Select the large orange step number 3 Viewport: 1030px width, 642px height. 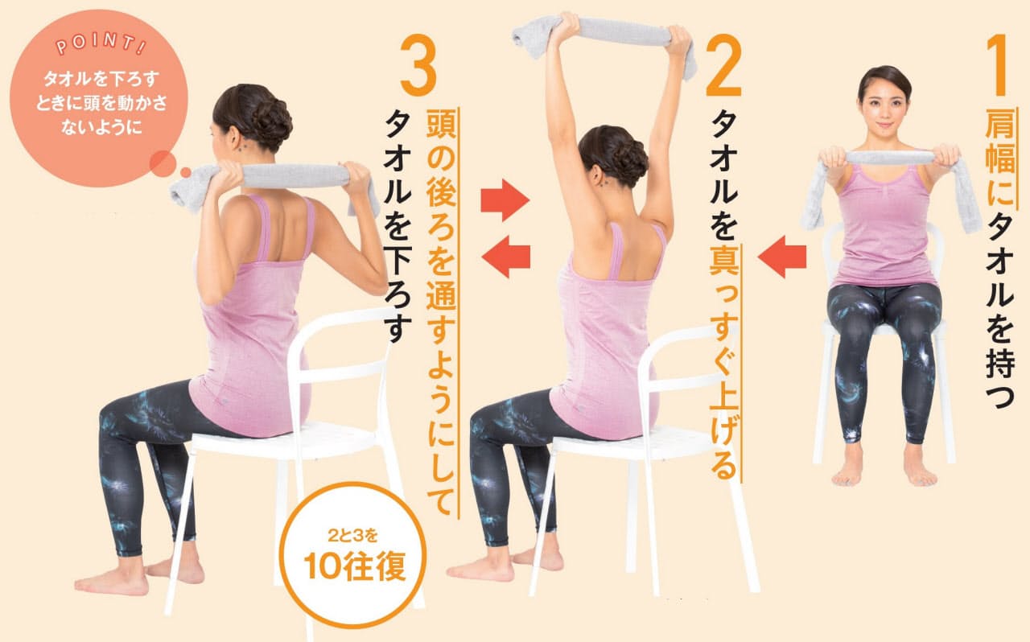(418, 64)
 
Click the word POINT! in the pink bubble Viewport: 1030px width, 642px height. (100, 43)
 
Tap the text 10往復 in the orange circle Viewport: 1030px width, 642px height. (355, 566)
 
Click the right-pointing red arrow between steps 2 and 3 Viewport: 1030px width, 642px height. (505, 200)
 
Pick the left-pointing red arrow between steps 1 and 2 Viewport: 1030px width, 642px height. (781, 256)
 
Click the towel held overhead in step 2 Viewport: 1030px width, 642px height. (604, 37)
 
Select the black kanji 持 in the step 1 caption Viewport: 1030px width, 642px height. (1000, 362)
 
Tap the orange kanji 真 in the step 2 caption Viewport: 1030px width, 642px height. (724, 260)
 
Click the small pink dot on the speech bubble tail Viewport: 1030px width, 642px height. (185, 172)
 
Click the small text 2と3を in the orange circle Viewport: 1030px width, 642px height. (352, 535)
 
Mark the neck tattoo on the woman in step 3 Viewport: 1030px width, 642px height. (243, 146)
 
